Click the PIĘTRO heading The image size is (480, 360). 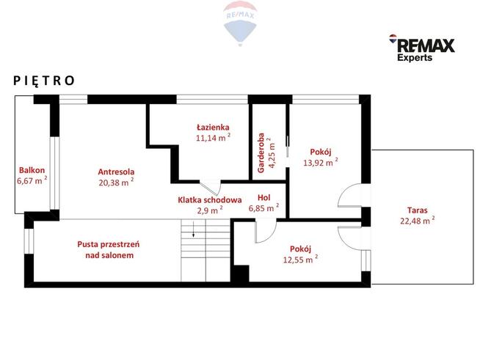[44, 81]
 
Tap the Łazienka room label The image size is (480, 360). [213, 127]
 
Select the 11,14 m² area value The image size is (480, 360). [213, 138]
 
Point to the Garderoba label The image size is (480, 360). [261, 153]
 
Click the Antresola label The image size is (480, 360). [116, 172]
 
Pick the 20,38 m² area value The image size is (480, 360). [116, 183]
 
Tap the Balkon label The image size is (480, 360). [32, 170]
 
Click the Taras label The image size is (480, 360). [417, 210]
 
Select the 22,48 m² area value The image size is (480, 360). [417, 220]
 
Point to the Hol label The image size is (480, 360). [264, 197]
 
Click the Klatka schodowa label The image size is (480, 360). [210, 200]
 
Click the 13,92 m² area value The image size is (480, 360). [321, 163]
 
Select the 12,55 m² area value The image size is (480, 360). [300, 260]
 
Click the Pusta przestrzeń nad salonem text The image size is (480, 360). [109, 249]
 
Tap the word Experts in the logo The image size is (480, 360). [415, 57]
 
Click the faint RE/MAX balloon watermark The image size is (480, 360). [240, 23]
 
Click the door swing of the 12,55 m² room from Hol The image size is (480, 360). [266, 232]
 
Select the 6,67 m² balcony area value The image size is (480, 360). [32, 180]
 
